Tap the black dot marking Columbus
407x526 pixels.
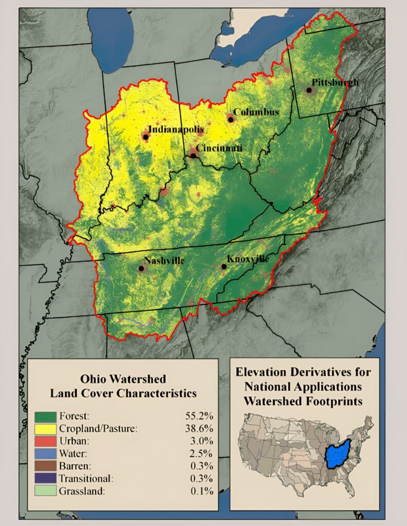[231, 119]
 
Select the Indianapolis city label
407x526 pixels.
[176, 129]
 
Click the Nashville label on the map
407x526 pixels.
[164, 260]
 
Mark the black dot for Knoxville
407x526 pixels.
[224, 267]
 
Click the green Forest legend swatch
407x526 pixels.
[45, 416]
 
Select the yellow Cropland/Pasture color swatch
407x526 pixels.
[45, 428]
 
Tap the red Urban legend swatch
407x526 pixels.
[45, 441]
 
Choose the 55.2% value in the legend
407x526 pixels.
[199, 416]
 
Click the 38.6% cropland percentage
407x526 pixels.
[199, 428]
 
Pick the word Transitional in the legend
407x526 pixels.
[85, 479]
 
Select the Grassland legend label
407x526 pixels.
[82, 491]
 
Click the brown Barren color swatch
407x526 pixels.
[45, 466]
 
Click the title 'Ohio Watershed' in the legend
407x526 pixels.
[123, 379]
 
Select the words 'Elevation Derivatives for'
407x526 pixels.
[303, 371]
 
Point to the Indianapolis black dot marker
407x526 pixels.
[146, 137]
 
